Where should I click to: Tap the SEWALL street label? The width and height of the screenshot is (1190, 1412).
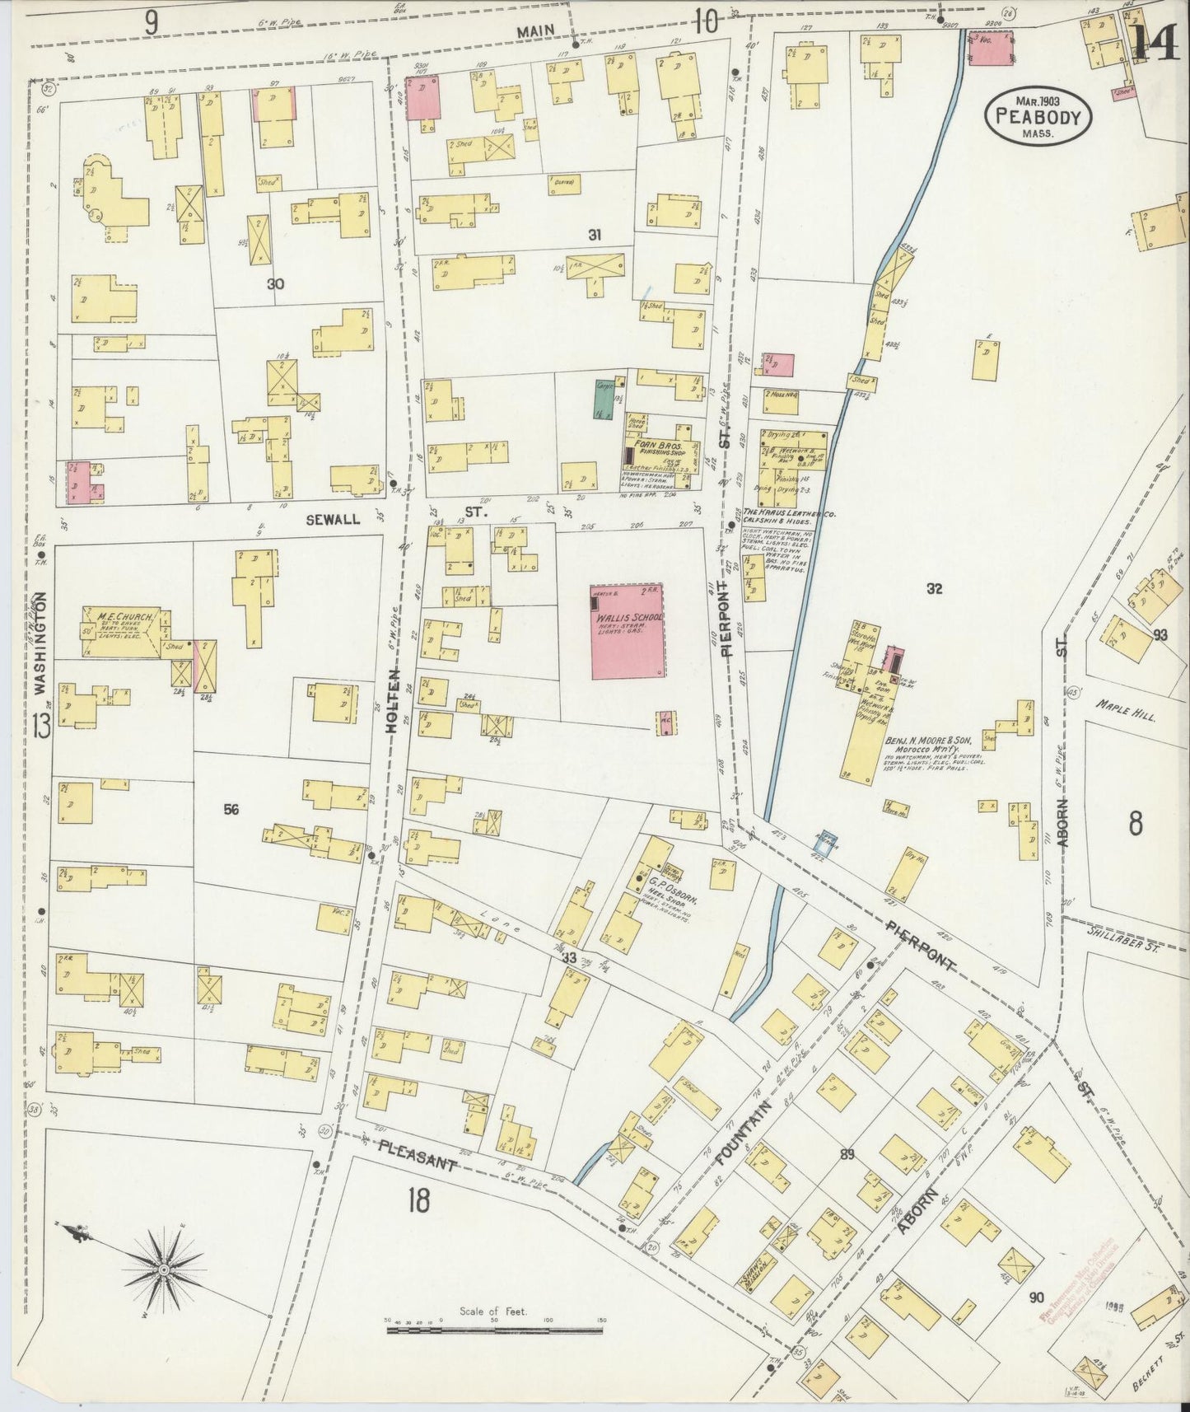(329, 520)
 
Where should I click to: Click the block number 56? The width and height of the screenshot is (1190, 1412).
(231, 810)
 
